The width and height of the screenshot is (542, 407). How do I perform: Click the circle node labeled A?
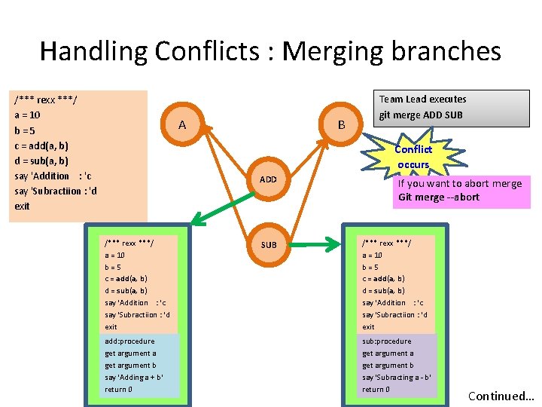(x=181, y=124)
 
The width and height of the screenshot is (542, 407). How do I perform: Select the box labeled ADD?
(x=269, y=179)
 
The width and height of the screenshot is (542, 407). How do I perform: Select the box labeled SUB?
(x=269, y=244)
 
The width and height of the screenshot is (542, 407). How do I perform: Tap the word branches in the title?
(x=446, y=51)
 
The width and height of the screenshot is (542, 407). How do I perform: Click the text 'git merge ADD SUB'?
(x=421, y=115)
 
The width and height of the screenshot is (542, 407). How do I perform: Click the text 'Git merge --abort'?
(x=439, y=197)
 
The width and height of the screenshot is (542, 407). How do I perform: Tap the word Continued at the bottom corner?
(x=498, y=396)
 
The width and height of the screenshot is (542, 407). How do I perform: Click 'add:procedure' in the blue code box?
(x=129, y=341)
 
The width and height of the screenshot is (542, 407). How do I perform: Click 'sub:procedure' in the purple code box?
(x=387, y=341)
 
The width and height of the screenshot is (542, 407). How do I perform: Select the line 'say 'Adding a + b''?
(x=135, y=377)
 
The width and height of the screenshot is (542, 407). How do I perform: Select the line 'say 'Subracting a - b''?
(x=397, y=377)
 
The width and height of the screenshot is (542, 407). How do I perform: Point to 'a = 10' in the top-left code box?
(x=28, y=115)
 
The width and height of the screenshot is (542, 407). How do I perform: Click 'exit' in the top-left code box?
(x=23, y=206)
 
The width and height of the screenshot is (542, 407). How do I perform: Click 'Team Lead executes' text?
(x=422, y=99)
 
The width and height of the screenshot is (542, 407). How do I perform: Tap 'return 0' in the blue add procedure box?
(x=119, y=389)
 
